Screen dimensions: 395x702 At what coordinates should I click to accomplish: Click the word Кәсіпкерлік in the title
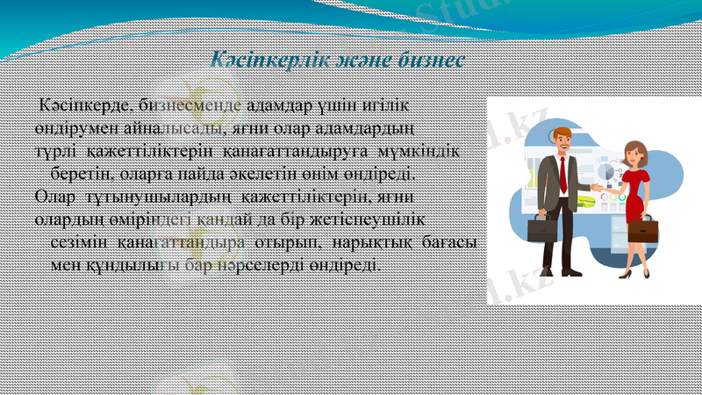pyautogui.click(x=264, y=60)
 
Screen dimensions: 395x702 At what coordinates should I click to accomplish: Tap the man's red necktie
pyautogui.click(x=562, y=175)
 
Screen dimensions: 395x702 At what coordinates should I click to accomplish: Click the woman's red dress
pyautogui.click(x=633, y=188)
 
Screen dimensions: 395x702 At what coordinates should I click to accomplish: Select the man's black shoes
pyautogui.click(x=551, y=273)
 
